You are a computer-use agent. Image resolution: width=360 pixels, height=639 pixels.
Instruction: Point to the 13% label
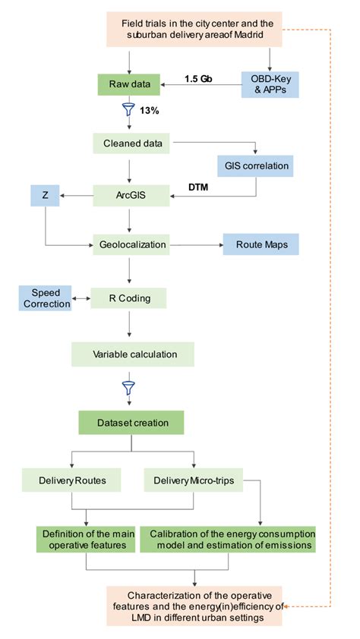pos(150,112)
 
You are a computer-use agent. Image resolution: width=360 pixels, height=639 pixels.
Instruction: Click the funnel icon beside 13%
pos(128,111)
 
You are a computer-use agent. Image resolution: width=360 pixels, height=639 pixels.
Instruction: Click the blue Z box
pos(45,195)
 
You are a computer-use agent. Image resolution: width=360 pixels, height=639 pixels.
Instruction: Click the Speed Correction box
pos(45,297)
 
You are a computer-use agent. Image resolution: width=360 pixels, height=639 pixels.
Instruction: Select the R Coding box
pos(128,297)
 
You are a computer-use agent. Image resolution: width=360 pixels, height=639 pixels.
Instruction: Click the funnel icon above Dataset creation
pos(128,387)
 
